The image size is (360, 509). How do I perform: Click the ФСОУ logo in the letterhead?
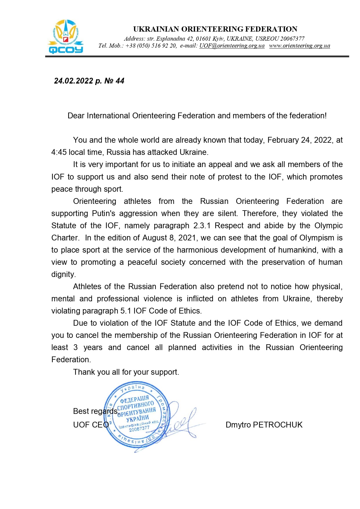(66, 37)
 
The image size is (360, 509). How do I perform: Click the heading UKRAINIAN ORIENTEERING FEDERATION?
(215, 29)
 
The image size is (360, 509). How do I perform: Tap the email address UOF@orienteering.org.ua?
(232, 46)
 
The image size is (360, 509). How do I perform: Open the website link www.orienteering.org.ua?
(299, 46)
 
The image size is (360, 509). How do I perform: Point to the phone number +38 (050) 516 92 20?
(151, 46)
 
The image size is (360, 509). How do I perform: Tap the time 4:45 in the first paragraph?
(59, 152)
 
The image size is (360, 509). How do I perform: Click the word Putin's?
(104, 213)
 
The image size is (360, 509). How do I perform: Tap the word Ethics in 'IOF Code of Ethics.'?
(189, 311)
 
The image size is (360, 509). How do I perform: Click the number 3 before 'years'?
(75, 347)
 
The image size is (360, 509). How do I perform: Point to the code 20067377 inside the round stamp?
(139, 429)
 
